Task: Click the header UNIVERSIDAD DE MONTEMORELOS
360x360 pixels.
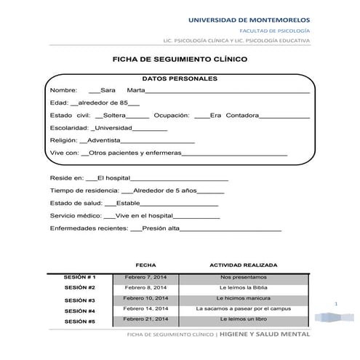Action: pyautogui.click(x=249, y=18)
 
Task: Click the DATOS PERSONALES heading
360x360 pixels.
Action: pyautogui.click(x=179, y=78)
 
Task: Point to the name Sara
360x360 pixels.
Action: pyautogui.click(x=108, y=89)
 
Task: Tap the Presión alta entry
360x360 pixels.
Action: pyautogui.click(x=161, y=228)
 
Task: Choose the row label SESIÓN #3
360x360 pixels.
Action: pyautogui.click(x=80, y=300)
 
